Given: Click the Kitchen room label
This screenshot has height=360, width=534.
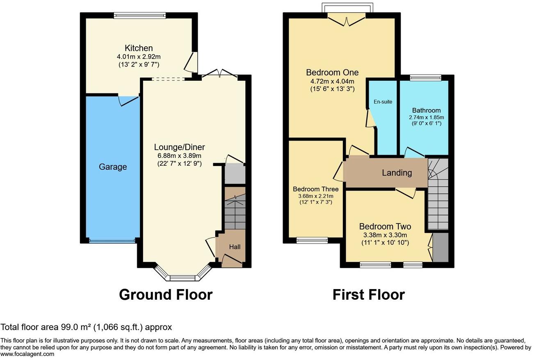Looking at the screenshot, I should tap(139, 48).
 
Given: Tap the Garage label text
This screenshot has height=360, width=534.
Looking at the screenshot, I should tap(113, 167).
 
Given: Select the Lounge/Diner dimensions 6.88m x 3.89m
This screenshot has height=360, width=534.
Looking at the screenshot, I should tap(179, 156).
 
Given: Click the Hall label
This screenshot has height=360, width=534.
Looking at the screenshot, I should tap(235, 247).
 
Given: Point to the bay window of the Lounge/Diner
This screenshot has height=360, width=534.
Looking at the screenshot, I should tap(183, 278).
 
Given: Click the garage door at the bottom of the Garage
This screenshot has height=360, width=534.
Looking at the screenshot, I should tap(112, 241).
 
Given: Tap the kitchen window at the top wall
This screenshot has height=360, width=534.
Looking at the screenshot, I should tap(140, 16).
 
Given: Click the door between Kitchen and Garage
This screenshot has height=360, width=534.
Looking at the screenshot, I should tap(128, 100).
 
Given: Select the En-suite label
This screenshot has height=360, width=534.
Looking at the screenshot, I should tap(383, 102).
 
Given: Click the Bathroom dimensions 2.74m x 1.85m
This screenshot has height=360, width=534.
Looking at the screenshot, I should tap(426, 117).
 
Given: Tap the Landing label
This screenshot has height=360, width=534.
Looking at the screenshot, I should tap(397, 173).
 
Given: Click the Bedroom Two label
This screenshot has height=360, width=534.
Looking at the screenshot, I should tap(385, 227).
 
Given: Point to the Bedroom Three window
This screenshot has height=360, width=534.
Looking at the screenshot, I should tap(312, 240).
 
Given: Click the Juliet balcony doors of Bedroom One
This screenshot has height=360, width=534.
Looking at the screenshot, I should tap(347, 19).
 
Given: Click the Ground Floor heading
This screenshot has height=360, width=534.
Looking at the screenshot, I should tap(166, 294).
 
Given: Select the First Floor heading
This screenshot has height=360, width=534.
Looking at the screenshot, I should tap(368, 294).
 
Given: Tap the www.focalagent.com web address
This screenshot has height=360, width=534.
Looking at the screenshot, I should tap(27, 354).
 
